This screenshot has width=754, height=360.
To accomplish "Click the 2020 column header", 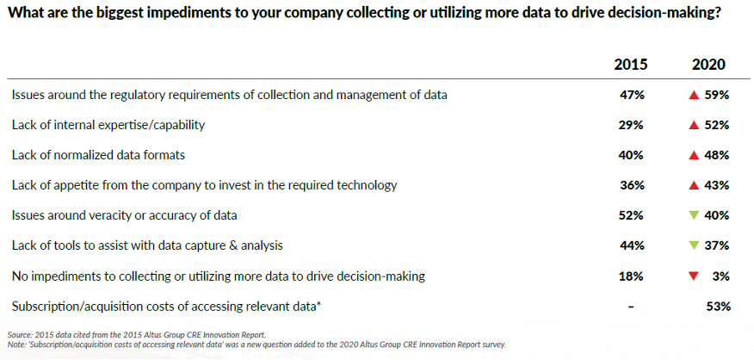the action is tap(708, 65).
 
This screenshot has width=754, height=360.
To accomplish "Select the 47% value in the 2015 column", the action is tap(632, 96).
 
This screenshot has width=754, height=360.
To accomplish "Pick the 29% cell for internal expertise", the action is tap(632, 125).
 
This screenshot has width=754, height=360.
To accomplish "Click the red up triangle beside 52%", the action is tap(693, 125).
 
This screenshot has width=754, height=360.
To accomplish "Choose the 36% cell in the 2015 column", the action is tap(632, 185).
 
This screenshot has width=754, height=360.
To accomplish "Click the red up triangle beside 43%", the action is tap(693, 185).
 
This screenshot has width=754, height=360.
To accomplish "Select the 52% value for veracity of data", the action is tap(632, 215).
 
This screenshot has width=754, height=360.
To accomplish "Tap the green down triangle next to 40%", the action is tap(693, 215).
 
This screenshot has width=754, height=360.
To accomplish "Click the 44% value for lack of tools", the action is tap(632, 245).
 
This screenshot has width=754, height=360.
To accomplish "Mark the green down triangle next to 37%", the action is tap(693, 245).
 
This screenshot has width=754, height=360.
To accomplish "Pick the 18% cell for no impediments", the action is tap(632, 276).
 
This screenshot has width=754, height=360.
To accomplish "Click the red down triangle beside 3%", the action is tap(693, 276).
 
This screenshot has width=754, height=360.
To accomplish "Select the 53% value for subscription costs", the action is tap(719, 306).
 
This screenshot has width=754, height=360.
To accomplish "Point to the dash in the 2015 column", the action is tap(632, 307).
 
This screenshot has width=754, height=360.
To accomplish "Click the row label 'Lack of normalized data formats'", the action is tap(99, 155).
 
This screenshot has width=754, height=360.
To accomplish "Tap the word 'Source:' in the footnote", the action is tap(17, 334).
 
